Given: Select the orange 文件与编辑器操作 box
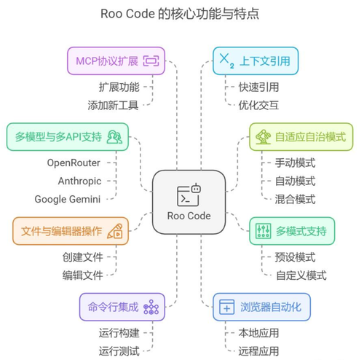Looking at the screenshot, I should [x=70, y=232].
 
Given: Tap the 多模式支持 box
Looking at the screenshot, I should [x=292, y=231].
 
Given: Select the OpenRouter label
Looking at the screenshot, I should [x=74, y=163].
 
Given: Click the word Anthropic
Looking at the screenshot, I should [x=79, y=181].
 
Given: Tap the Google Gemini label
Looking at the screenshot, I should [x=67, y=199].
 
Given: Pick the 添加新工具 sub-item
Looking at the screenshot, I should [x=113, y=104].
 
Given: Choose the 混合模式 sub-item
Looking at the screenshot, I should [x=296, y=199].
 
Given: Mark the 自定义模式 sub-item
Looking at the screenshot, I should [x=301, y=275].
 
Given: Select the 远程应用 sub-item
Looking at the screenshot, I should [x=258, y=351].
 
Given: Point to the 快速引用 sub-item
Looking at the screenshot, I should [x=258, y=87].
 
